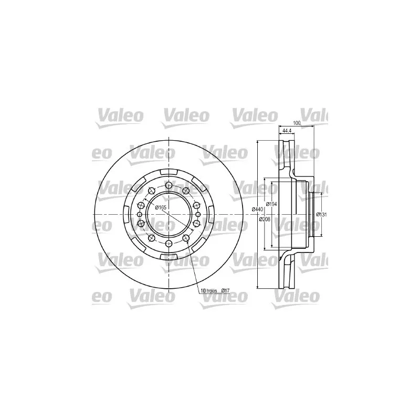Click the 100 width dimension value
296,123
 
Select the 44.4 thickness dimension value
287,130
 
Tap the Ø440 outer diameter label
257,209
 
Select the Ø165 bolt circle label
161,208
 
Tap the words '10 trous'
207,290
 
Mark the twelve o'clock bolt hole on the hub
168,184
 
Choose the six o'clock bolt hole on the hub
168,245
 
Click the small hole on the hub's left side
139,214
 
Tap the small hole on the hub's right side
197,214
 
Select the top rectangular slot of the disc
168,173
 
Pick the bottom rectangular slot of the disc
168,255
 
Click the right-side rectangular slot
209,214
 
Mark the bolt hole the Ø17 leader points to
186,239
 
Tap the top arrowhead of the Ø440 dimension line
257,142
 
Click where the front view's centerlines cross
168,214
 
